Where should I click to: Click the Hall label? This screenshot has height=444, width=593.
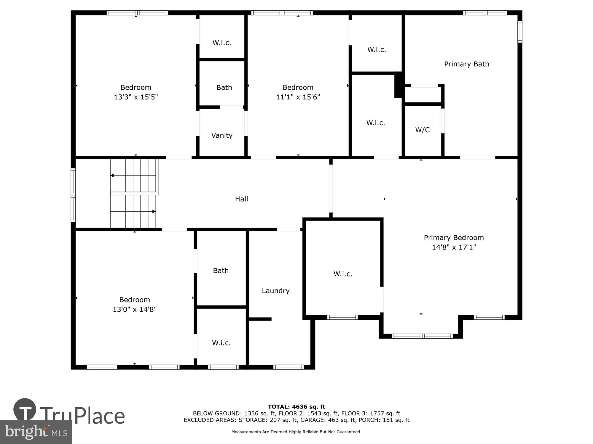[241, 199]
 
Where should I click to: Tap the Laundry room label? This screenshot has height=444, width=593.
[275, 291]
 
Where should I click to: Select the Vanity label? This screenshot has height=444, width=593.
[222, 135]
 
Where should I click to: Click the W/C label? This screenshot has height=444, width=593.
[422, 130]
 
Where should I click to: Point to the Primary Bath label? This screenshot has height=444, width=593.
[466, 64]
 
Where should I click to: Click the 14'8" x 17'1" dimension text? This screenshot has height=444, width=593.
[454, 247]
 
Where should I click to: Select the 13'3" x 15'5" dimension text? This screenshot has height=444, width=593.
[136, 97]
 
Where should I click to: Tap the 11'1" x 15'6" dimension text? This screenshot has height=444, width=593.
[298, 97]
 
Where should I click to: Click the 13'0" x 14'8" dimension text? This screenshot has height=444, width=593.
[135, 309]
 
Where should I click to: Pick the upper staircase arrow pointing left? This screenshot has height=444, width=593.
[112, 176]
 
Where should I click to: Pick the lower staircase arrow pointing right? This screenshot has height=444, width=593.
[154, 211]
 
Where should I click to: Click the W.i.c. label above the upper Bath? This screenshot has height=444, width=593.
[221, 43]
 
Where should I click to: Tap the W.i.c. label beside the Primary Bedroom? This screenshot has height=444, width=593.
[343, 274]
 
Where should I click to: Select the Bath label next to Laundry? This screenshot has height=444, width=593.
[221, 271]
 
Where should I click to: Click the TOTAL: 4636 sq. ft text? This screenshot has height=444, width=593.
[296, 407]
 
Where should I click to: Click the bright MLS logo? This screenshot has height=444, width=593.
[36, 432]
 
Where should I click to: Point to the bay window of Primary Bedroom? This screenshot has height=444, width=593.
[422, 336]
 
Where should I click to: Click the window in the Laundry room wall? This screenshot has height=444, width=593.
[288, 367]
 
